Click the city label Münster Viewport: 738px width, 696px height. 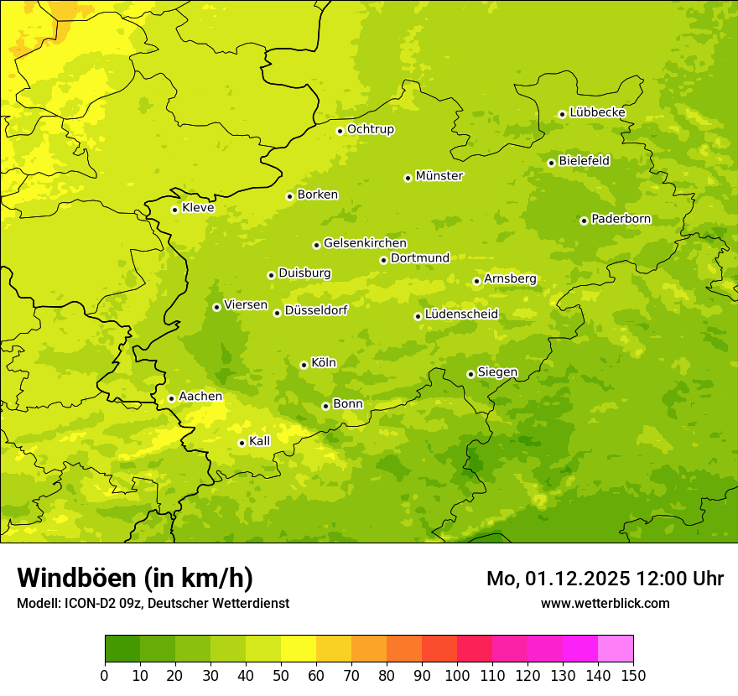[439, 176]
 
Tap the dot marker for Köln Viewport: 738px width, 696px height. [304, 365]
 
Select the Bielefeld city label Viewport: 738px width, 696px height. [585, 160]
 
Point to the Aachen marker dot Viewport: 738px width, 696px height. [171, 398]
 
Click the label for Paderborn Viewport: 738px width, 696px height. [621, 219]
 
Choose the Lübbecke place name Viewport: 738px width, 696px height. [598, 112]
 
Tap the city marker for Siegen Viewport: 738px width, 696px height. [470, 374]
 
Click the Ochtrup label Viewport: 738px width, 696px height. [371, 129]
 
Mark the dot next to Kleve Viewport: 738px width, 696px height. [174, 210]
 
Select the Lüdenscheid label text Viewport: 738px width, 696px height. [461, 314]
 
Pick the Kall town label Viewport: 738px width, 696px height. [260, 441]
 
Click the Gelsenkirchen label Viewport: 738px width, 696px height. [365, 243]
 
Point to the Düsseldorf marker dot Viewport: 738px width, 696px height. [277, 313]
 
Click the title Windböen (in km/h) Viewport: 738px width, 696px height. [135, 578]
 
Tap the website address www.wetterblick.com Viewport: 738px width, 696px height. [605, 603]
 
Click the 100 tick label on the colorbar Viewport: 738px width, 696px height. [457, 675]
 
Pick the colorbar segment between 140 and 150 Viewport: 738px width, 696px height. [616, 649]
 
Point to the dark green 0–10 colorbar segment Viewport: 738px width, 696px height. [122, 649]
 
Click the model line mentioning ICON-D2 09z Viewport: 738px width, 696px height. [153, 603]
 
